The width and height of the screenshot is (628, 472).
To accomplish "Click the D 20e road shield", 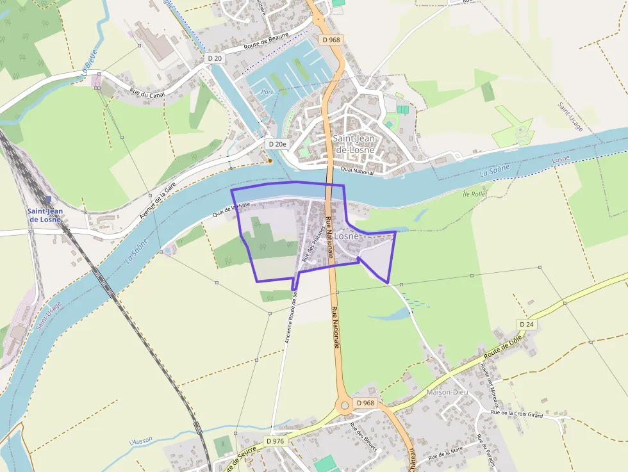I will pos(277,145).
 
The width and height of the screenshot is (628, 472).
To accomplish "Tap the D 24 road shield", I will pos(527,325).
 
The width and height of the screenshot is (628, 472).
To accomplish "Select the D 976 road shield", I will pos(275,441).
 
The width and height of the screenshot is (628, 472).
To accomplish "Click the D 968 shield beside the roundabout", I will pos(365,403).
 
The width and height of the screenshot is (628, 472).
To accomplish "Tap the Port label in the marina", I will pos(267,92).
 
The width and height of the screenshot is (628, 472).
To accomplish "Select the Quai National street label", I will pos(357,170).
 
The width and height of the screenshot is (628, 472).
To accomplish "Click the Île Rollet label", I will pos(475,193).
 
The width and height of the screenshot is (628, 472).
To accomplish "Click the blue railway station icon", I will pos(48,200).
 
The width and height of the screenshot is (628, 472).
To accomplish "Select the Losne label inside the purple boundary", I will pos(347,236).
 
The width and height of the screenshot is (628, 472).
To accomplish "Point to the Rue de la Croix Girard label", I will pos(516,414).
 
